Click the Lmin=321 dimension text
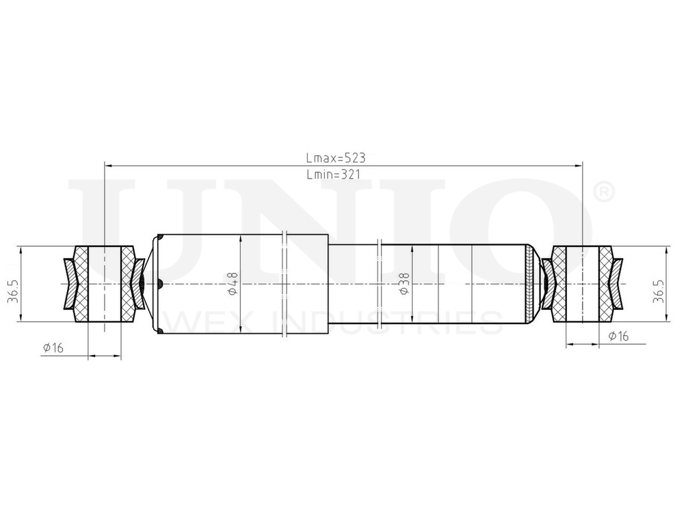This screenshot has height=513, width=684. (334, 174)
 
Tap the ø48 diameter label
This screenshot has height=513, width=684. (233, 284)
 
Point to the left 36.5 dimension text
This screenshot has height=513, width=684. (12, 284)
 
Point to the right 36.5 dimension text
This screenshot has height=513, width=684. (657, 284)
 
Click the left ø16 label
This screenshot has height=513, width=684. (53, 348)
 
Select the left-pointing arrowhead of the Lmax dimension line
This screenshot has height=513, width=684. (108, 165)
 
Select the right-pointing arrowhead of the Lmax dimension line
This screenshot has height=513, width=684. (578, 165)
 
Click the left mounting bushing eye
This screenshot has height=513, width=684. (105, 283)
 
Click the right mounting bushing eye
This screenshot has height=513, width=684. (582, 283)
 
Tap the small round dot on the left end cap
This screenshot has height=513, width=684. (159, 284)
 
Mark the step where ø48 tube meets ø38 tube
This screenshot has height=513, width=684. (330, 284)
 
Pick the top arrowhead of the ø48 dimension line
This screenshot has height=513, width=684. (241, 237)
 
